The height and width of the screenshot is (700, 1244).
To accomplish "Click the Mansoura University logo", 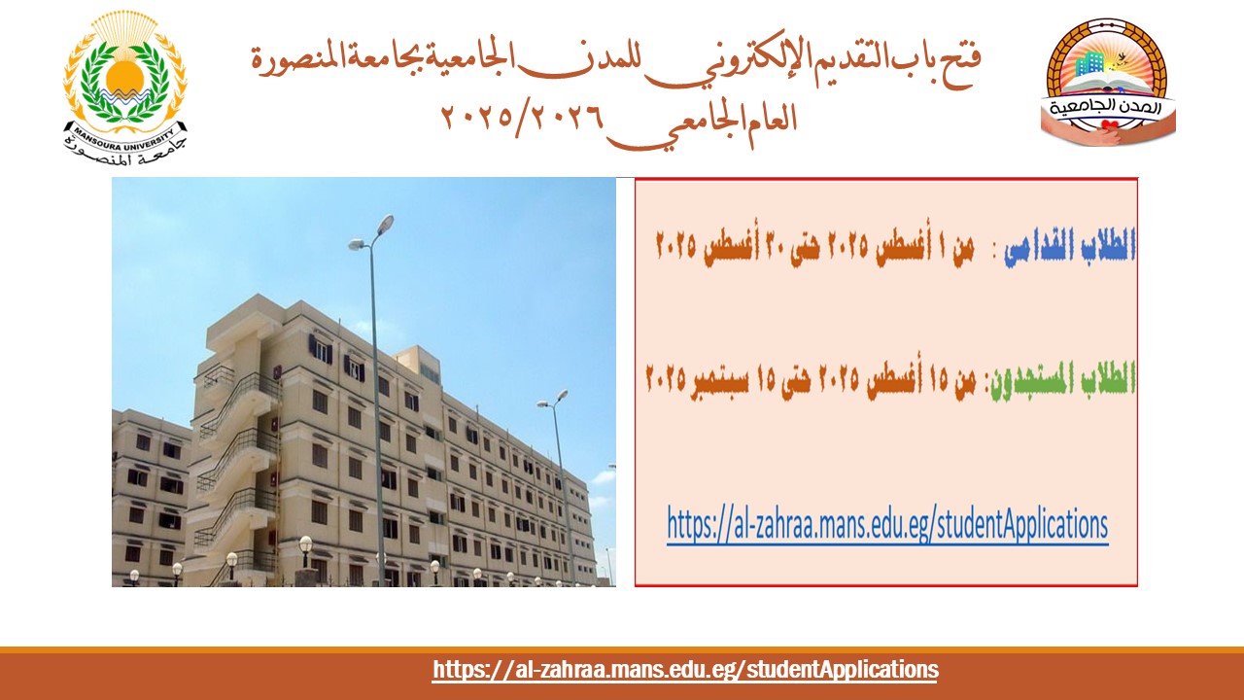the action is click(x=125, y=88).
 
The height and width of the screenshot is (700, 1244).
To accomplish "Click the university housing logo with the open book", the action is click(x=1108, y=83).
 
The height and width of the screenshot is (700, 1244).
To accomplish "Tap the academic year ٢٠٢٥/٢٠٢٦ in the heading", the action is click(x=522, y=118).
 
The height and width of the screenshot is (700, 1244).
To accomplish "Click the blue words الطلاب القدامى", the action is click(x=1069, y=246).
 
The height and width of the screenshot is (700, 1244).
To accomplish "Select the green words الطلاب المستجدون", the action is click(x=1062, y=379).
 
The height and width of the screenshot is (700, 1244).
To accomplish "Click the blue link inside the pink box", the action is click(x=887, y=524).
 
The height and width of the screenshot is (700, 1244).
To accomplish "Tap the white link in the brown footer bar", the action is click(x=685, y=670).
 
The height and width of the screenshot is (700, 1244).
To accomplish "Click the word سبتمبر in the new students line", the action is click(x=720, y=379).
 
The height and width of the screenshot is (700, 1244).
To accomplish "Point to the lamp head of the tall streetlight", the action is click(x=384, y=224).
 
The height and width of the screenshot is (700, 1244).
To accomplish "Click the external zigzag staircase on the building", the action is click(x=236, y=467).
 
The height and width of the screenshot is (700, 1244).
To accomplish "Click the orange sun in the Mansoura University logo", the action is click(x=125, y=77).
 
